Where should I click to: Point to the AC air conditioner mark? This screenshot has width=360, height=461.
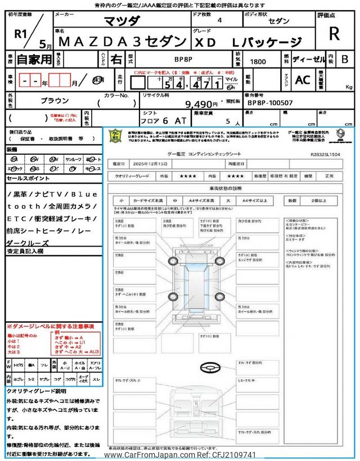click(x=302, y=80)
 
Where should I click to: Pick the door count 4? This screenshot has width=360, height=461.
click(x=219, y=20)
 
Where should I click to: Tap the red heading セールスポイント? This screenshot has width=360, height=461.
click(x=28, y=178)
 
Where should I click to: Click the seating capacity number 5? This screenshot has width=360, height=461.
click(x=227, y=120)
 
